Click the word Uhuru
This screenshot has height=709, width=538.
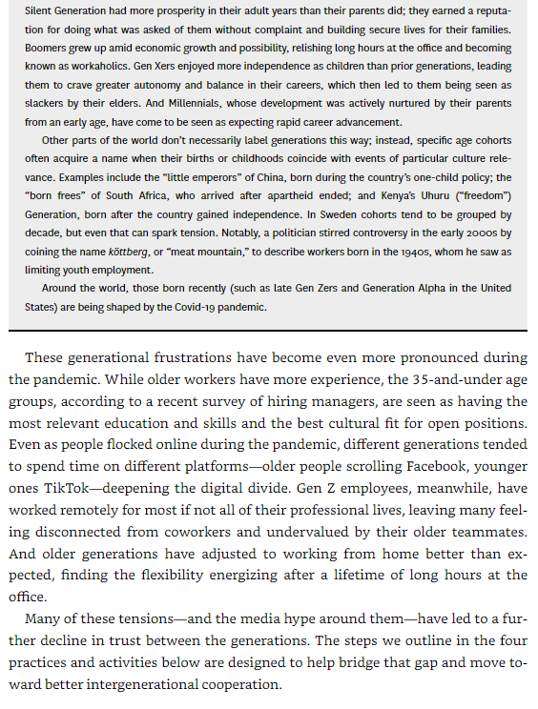(435, 197)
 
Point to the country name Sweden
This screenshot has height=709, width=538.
(348, 215)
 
